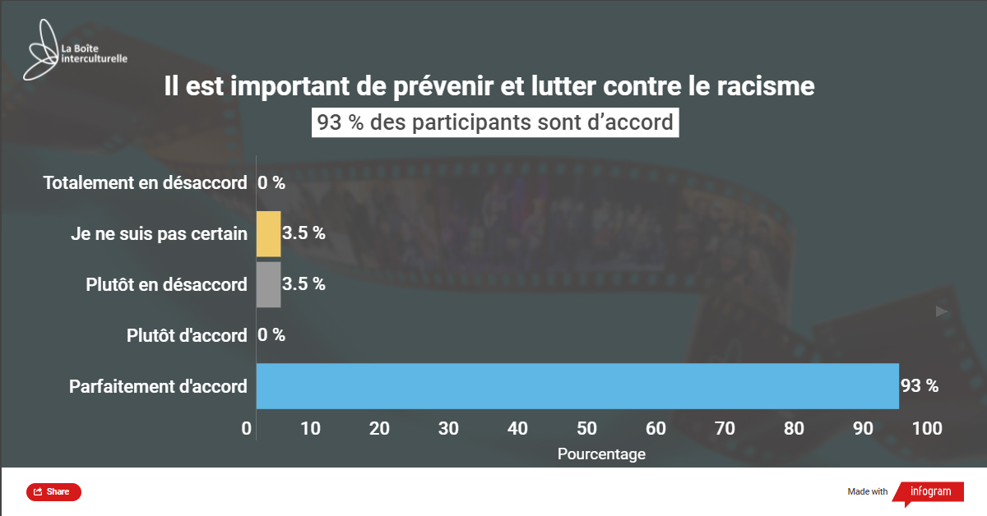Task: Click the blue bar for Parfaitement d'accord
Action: pyautogui.click(x=576, y=385)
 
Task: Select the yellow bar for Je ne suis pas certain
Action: pyautogui.click(x=268, y=234)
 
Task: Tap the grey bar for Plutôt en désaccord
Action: pyautogui.click(x=268, y=284)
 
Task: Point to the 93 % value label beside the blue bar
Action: pyautogui.click(x=920, y=385)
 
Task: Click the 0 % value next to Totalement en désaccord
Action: pyautogui.click(x=271, y=183)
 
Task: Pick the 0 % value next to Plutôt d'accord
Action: pyautogui.click(x=271, y=335)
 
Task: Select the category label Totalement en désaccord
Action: pyautogui.click(x=145, y=183)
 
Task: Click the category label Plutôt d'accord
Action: pyautogui.click(x=187, y=335)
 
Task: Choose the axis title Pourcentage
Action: pyautogui.click(x=601, y=454)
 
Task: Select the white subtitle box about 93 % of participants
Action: pyautogui.click(x=495, y=122)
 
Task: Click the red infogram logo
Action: pyautogui.click(x=927, y=492)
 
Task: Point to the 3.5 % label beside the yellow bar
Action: pyautogui.click(x=304, y=233)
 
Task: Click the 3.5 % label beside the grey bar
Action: pyautogui.click(x=304, y=284)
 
